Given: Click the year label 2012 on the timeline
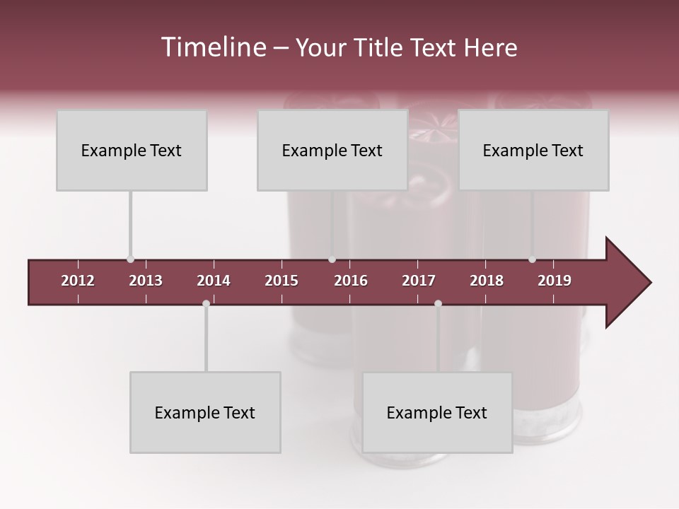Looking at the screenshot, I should point(78,281).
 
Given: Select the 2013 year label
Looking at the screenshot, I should point(146,281).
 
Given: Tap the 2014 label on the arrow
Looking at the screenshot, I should point(214,281).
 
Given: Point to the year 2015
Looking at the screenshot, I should point(282,281).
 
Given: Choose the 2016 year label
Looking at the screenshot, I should point(351,281).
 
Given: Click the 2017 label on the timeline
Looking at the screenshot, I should point(419,281).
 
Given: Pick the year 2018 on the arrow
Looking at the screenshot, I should point(487,281).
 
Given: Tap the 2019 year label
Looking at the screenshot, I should point(555,281).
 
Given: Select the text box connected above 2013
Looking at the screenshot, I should point(132,150).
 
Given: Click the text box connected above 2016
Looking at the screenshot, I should point(332,150).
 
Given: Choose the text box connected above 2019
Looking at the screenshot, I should point(533,150).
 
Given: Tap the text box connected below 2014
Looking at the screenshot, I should point(205,412).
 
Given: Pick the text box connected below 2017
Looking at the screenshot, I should point(437,412).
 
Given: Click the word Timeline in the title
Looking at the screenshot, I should point(212,47).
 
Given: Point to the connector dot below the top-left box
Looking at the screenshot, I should point(130,259).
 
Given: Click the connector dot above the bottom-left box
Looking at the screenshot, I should point(206,303).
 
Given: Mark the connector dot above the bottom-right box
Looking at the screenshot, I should point(438,303).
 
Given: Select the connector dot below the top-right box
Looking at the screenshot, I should point(532,259).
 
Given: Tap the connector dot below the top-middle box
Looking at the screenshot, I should point(332,259).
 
